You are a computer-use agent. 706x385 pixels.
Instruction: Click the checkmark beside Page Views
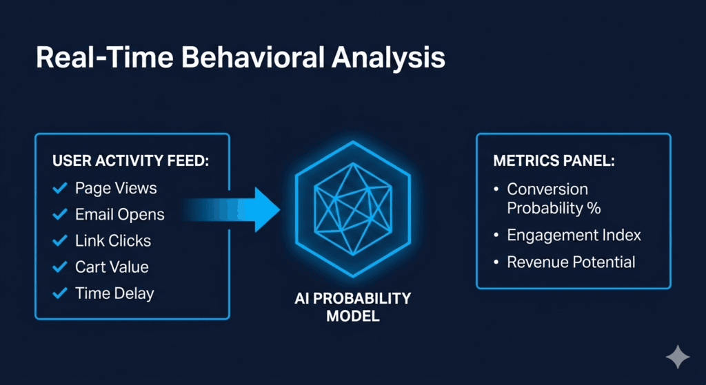click(x=61, y=188)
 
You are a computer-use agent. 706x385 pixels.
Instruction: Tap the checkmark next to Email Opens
click(x=61, y=214)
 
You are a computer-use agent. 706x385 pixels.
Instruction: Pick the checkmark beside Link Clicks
click(x=61, y=240)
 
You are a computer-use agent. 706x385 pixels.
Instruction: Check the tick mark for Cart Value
click(x=61, y=267)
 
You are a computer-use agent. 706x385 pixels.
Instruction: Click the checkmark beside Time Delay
click(x=61, y=293)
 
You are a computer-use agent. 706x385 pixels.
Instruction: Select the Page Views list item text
click(x=116, y=188)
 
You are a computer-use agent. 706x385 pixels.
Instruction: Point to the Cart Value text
click(x=112, y=267)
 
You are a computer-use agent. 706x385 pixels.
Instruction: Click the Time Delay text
click(x=114, y=293)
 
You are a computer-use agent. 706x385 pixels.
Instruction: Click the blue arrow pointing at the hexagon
click(x=241, y=207)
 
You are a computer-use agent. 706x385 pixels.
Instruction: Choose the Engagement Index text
click(x=574, y=236)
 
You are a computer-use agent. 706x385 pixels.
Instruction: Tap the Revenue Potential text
click(x=571, y=262)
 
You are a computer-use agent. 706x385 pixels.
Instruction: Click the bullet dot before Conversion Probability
click(x=496, y=189)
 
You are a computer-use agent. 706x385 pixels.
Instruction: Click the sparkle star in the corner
click(x=677, y=357)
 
